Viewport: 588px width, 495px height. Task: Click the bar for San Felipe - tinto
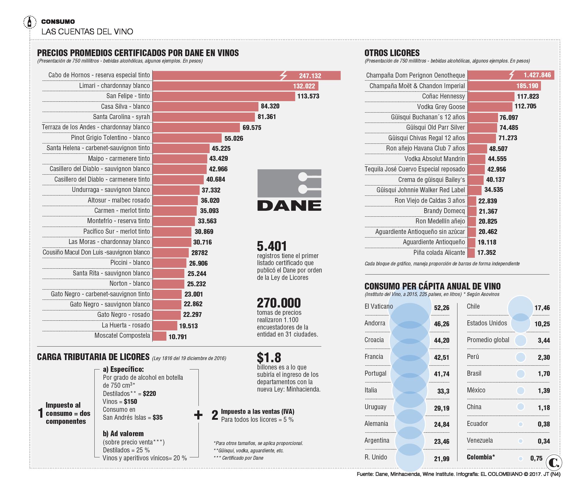pyautogui.click(x=223, y=96)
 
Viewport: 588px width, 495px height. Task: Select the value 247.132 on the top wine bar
pyautogui.click(x=310, y=76)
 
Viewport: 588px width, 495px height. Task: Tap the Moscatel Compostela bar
pyautogui.click(x=159, y=336)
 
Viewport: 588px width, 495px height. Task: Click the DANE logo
pyautogui.click(x=289, y=190)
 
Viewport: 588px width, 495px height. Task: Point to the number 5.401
pyautogui.click(x=272, y=246)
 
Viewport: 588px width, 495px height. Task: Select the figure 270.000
pyautogui.click(x=279, y=303)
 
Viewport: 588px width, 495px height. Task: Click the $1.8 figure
pyautogui.click(x=269, y=357)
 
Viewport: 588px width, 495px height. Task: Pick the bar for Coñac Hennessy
pyautogui.click(x=491, y=97)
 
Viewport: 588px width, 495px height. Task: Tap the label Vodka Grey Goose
pyautogui.click(x=441, y=107)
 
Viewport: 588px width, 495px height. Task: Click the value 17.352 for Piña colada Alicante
pyautogui.click(x=486, y=252)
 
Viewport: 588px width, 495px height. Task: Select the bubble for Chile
pyautogui.click(x=520, y=308)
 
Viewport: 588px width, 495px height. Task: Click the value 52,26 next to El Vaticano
pyautogui.click(x=442, y=308)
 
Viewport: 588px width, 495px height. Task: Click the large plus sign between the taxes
pyautogui.click(x=198, y=415)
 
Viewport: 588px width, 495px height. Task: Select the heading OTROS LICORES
pyautogui.click(x=392, y=53)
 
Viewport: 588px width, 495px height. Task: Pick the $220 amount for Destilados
pyautogui.click(x=149, y=394)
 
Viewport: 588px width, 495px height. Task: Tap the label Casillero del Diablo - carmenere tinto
pyautogui.click(x=102, y=179)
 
